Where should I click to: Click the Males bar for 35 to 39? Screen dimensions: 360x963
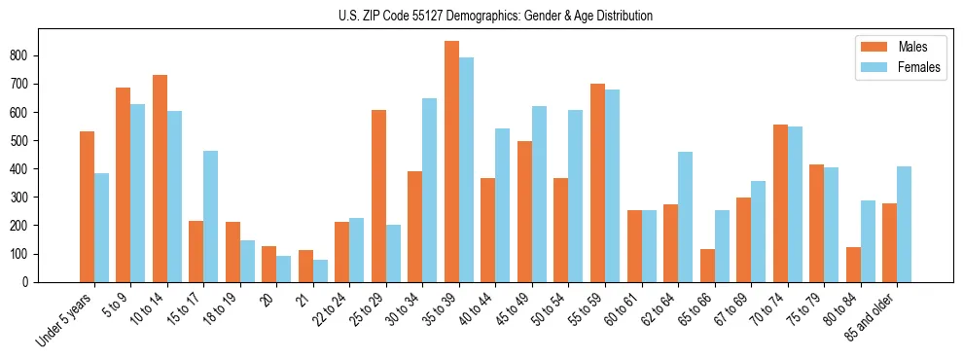coord(451,162)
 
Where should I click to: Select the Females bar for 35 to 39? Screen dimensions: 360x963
coord(467,170)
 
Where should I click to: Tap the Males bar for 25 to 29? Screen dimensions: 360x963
coord(378,196)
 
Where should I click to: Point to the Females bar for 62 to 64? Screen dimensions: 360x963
coord(686,217)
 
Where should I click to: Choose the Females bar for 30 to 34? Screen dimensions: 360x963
coord(430,190)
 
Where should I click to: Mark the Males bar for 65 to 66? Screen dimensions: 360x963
coord(707,266)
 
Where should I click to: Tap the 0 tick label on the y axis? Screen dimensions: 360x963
coord(31,282)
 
